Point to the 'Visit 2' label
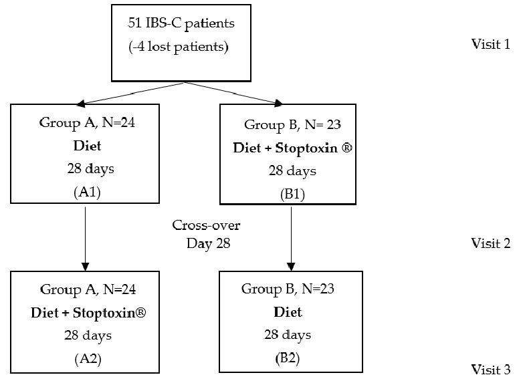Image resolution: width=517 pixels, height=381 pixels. pyautogui.click(x=490, y=243)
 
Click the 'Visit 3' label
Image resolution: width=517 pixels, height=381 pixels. pyautogui.click(x=490, y=369)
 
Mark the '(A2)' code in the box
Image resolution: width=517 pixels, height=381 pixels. pyautogui.click(x=86, y=358)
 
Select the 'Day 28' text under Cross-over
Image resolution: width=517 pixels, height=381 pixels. pyautogui.click(x=207, y=243)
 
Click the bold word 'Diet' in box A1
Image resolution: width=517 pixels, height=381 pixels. pyautogui.click(x=86, y=146)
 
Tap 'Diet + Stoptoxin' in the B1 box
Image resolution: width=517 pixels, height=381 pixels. pyautogui.click(x=291, y=148)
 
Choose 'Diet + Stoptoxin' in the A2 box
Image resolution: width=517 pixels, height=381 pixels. pyautogui.click(x=88, y=312)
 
